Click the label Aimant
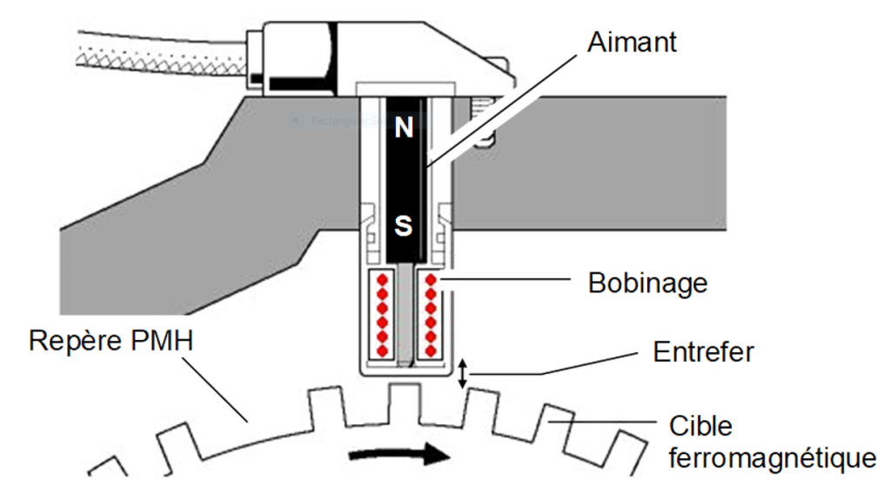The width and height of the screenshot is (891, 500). coord(632,42)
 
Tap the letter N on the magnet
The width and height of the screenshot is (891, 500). coord(404,129)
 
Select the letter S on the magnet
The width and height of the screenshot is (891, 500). coord(404,227)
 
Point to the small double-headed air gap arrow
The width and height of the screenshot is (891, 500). coord(464,374)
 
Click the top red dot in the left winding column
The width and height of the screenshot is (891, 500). coord(379,280)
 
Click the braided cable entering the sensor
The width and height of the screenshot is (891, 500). coord(157,52)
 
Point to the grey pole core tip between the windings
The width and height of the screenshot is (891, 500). coord(403,357)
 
